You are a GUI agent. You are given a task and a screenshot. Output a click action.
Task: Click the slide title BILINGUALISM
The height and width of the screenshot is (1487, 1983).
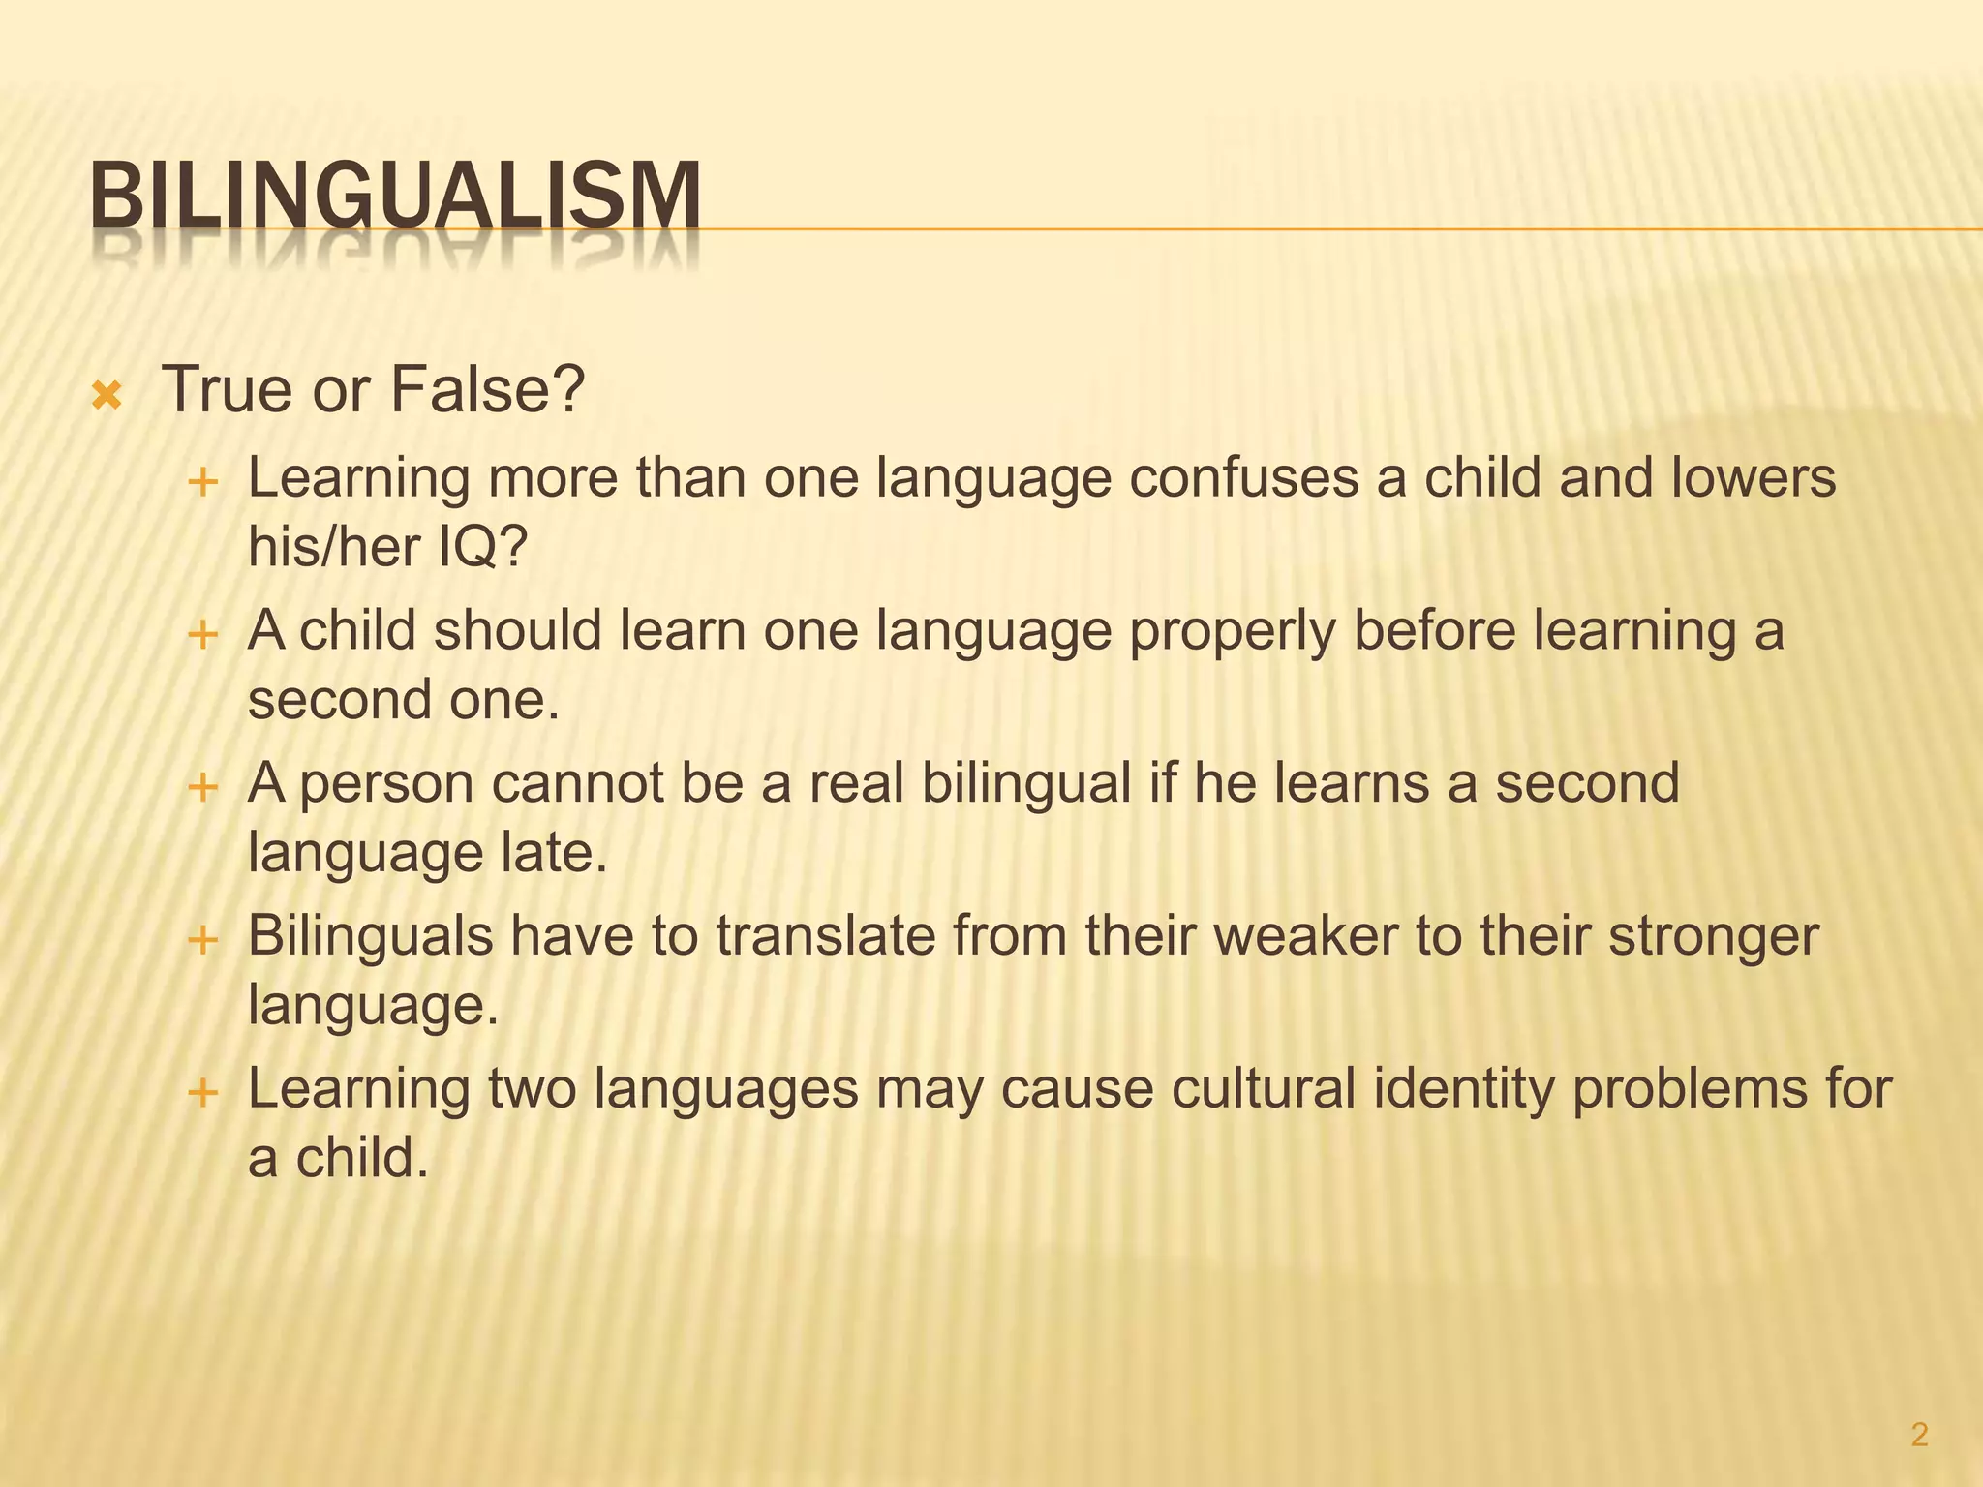click(x=395, y=197)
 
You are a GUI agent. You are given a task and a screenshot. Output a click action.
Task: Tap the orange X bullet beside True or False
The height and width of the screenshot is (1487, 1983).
click(x=106, y=395)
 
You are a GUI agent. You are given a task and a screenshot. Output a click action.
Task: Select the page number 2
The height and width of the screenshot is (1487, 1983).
click(x=1919, y=1435)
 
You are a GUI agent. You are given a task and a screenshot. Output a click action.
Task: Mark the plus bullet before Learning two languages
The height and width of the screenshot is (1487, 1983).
click(x=203, y=1092)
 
